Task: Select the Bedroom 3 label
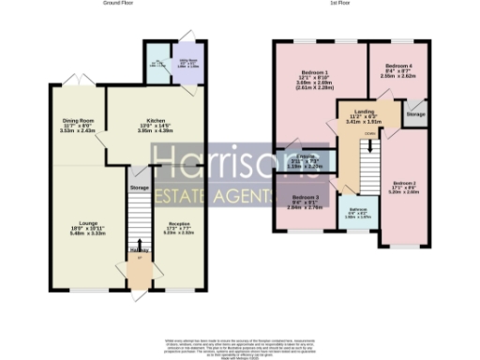304,199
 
